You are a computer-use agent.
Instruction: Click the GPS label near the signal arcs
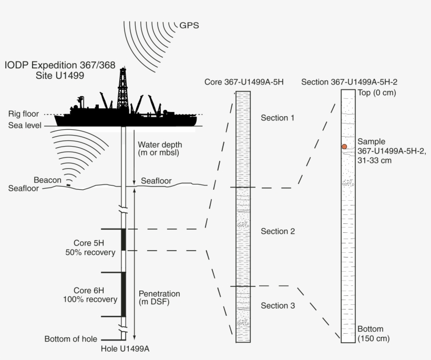pos(190,25)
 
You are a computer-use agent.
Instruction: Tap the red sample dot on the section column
pos(344,147)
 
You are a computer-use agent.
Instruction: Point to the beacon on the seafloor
pos(69,185)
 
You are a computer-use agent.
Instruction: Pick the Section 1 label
pos(278,118)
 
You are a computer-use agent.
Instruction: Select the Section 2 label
pos(278,232)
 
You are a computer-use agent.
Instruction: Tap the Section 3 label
pos(278,305)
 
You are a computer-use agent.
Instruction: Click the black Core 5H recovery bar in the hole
pos(124,240)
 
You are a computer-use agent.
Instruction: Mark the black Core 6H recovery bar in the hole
pos(124,294)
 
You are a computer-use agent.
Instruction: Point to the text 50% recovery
pos(95,252)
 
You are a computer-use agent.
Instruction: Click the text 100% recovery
pos(93,300)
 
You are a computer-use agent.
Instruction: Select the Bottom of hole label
pos(71,339)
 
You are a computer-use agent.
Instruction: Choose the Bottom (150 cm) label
pos(374,334)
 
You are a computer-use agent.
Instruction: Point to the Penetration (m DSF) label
pos(159,297)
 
